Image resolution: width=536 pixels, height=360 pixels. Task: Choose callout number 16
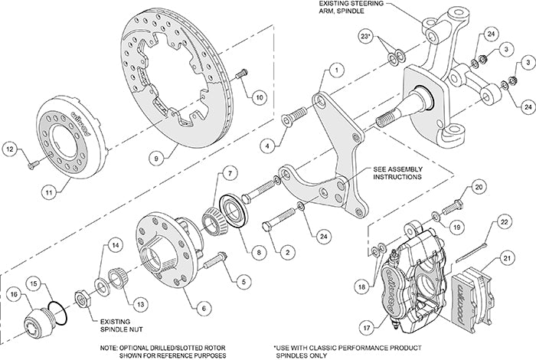click(x=14, y=293)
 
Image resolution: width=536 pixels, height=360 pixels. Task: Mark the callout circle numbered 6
click(x=202, y=308)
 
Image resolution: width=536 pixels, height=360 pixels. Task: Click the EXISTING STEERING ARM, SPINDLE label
click(x=353, y=9)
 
